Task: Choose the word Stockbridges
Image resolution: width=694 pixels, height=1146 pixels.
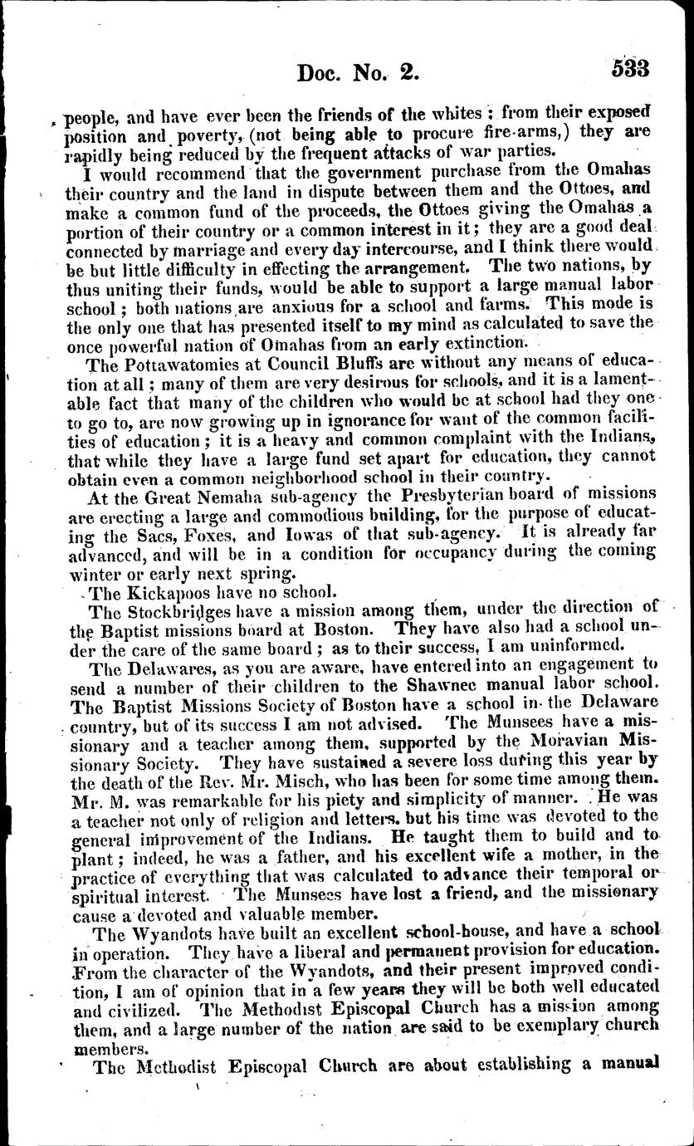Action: point(178,612)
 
